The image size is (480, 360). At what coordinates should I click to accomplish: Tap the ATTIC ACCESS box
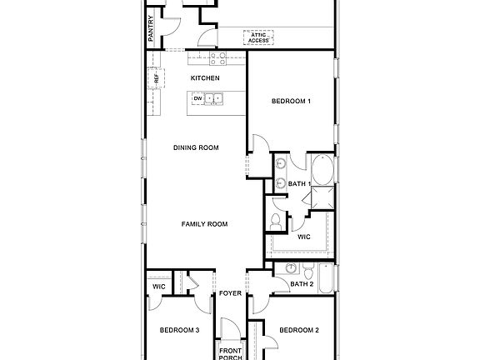tap(259, 37)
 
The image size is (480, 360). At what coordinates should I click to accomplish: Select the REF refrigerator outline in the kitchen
tap(154, 79)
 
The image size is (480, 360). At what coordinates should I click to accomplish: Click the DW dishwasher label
tap(198, 99)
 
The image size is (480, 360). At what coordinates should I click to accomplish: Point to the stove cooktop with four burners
tap(218, 58)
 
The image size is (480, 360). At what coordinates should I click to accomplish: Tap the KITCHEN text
tap(205, 77)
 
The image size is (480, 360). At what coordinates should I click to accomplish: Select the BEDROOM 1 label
tap(292, 102)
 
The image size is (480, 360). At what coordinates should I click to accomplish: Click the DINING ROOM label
tap(196, 147)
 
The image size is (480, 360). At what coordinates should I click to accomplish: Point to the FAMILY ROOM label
tap(205, 223)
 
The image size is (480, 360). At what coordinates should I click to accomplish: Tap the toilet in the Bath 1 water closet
tap(277, 221)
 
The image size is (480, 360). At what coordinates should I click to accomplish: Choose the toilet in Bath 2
tap(308, 272)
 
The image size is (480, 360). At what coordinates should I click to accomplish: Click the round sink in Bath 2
tap(290, 267)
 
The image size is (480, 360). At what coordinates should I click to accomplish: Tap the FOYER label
tap(229, 294)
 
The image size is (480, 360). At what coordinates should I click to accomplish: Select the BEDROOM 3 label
tap(179, 330)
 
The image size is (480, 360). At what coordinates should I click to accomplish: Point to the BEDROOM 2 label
tap(299, 330)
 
